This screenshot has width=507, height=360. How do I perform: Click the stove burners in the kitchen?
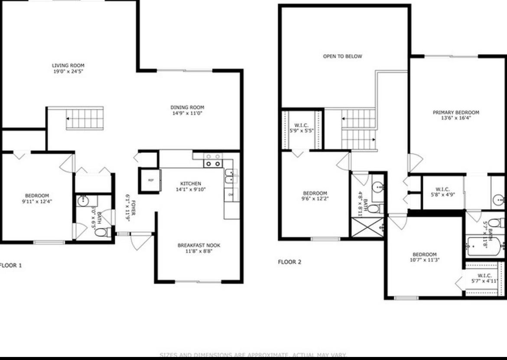point(213,160)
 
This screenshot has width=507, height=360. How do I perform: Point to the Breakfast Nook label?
point(199,246)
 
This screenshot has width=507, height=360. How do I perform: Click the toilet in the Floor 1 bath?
point(101,233)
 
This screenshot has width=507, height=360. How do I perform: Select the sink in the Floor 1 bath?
point(83,201)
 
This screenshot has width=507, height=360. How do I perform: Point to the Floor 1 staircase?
point(85,118)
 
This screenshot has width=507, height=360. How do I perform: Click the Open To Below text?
point(342,56)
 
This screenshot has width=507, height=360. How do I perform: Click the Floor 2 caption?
point(289,262)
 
